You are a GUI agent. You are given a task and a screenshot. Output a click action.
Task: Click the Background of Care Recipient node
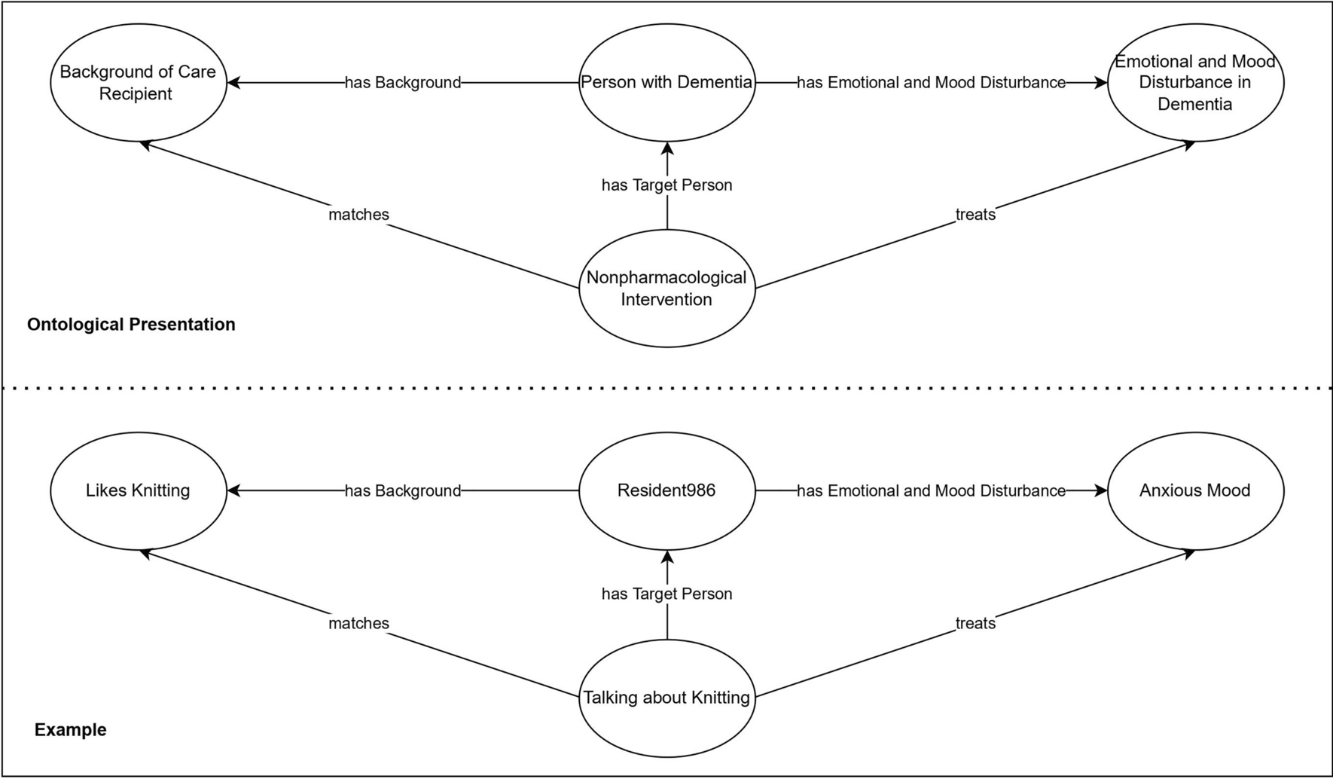click(138, 83)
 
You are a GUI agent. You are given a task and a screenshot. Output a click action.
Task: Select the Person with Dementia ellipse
click(666, 83)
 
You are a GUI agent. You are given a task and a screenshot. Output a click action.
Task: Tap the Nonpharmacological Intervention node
click(666, 289)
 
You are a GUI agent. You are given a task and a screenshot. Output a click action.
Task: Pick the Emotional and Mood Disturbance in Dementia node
click(1195, 83)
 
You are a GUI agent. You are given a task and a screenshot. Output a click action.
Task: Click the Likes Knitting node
click(138, 490)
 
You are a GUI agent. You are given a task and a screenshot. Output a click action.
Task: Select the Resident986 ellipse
click(666, 490)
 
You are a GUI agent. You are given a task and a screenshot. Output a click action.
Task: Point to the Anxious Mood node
click(1195, 490)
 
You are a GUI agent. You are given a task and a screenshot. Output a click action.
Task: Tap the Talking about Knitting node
click(666, 698)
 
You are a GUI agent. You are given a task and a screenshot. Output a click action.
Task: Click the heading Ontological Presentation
click(131, 325)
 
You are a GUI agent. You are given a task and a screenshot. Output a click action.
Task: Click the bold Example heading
click(71, 730)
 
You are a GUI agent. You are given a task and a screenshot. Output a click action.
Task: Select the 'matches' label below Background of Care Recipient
click(358, 215)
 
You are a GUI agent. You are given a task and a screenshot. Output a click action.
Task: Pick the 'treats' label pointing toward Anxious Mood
click(975, 623)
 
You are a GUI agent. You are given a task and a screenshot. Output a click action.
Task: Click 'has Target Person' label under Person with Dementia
click(666, 185)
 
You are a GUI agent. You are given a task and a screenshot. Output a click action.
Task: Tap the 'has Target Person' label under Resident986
click(666, 594)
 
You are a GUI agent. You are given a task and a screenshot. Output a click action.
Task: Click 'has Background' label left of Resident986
click(403, 491)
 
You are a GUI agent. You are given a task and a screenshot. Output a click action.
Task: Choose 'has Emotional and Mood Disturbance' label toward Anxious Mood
click(931, 491)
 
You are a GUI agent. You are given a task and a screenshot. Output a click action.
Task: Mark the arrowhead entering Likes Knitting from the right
click(233, 490)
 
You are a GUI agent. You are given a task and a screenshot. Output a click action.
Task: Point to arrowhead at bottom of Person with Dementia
click(666, 148)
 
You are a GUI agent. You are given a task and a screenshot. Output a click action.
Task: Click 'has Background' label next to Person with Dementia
click(403, 83)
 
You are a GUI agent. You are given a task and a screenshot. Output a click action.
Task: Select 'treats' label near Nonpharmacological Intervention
click(975, 215)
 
